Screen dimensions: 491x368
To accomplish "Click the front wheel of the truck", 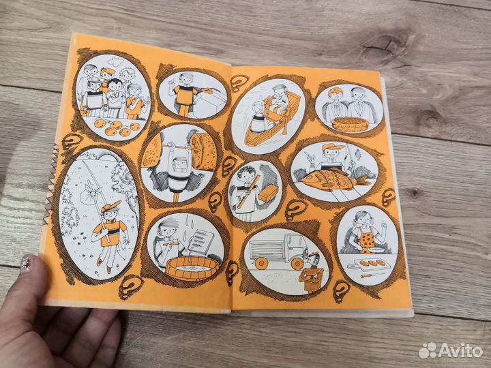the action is (297, 264).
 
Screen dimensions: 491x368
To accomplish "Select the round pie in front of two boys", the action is (350, 124).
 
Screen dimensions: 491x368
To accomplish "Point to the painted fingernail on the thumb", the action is (26, 263).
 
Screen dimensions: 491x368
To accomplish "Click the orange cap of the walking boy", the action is (111, 206).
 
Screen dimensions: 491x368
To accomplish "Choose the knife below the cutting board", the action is (372, 275).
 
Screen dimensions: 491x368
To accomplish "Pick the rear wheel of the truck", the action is (261, 263).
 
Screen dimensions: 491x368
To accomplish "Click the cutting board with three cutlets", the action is (369, 264).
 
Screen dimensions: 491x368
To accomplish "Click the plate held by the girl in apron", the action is (376, 249).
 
